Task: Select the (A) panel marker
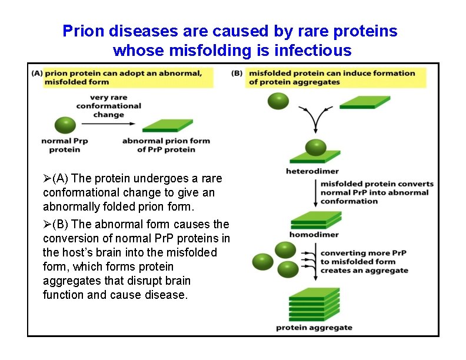[37, 74]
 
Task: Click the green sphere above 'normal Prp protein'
[65, 125]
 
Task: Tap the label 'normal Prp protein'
[65, 145]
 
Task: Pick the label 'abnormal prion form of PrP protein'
[166, 145]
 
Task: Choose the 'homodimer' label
[314, 235]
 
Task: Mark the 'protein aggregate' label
[314, 328]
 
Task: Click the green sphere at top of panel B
[279, 101]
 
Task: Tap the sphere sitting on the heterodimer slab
[316, 147]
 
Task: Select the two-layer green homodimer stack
[316, 221]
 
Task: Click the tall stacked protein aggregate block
[315, 304]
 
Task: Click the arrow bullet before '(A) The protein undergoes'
[47, 178]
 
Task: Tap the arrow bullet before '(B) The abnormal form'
[47, 225]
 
